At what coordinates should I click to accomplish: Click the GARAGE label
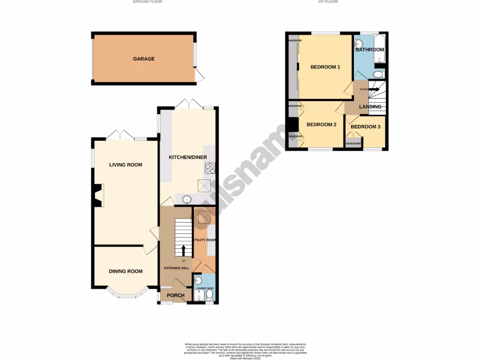(143, 59)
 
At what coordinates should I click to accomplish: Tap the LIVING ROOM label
(126, 165)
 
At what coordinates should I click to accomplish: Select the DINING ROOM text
(126, 271)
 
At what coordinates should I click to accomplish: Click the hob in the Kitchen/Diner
(209, 167)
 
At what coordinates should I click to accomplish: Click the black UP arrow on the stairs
(183, 250)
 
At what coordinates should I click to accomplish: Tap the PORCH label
(176, 296)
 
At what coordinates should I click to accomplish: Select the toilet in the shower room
(210, 295)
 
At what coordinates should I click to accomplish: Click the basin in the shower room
(197, 280)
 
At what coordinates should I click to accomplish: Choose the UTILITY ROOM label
(205, 240)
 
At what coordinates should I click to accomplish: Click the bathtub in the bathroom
(379, 49)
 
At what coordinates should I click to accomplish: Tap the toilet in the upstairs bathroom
(379, 75)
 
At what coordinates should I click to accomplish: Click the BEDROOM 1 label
(325, 67)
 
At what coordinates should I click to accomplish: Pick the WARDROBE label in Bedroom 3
(353, 143)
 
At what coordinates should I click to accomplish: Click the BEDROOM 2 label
(321, 125)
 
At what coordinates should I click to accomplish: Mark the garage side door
(200, 75)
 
